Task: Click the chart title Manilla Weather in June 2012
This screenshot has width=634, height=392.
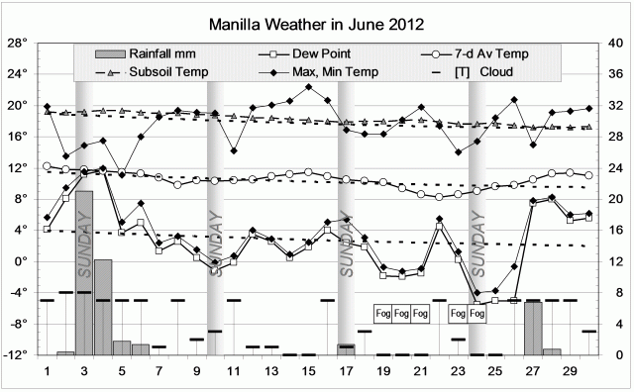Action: coord(317,23)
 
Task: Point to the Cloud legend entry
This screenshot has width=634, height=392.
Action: coord(479,72)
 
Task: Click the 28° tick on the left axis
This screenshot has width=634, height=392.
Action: coord(18,43)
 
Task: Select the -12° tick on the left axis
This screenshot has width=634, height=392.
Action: coord(16,354)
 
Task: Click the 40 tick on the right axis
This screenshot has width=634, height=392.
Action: coord(614,43)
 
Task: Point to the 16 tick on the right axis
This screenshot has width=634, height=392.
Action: coord(614,230)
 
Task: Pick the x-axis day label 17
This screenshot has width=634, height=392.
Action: coord(346,370)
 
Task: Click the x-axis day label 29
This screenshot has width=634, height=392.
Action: coord(570,370)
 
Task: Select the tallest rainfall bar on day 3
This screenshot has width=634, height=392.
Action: coord(84,272)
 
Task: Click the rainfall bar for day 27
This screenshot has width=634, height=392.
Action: coord(533,327)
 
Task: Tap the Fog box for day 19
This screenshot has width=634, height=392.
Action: coord(382,314)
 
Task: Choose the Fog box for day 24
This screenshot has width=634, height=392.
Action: coord(476,314)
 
